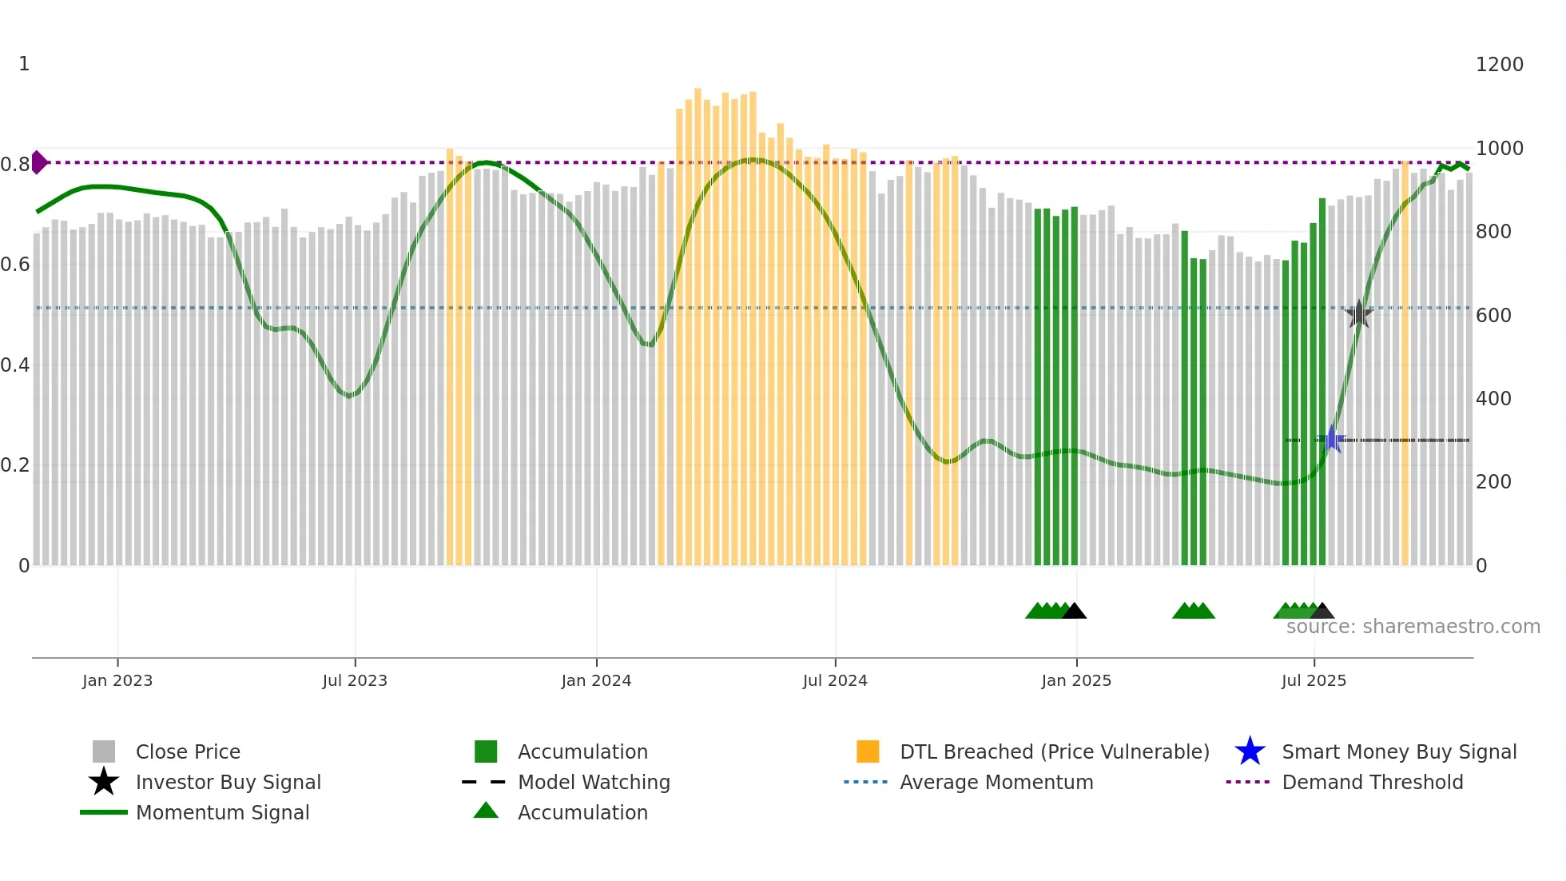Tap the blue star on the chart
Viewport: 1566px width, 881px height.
click(x=1332, y=440)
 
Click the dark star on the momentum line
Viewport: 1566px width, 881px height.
click(x=1358, y=314)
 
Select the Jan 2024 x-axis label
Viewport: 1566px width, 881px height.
click(x=596, y=680)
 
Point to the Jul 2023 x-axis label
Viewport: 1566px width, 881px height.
click(x=355, y=680)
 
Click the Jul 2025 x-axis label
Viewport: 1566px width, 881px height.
click(x=1314, y=680)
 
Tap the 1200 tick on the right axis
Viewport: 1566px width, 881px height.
click(x=1499, y=65)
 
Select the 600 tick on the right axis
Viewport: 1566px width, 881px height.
click(x=1493, y=316)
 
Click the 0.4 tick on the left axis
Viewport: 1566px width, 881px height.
click(x=14, y=365)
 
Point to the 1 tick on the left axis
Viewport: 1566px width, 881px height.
click(x=24, y=64)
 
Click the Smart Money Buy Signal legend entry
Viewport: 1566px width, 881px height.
click(x=1398, y=751)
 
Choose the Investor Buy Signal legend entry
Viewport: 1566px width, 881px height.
click(x=228, y=782)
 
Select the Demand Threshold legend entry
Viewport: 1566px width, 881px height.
click(x=1372, y=782)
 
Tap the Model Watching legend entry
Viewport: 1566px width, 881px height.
click(x=593, y=782)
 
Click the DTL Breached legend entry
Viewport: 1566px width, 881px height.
click(x=1054, y=751)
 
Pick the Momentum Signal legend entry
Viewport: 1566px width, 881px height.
click(x=222, y=812)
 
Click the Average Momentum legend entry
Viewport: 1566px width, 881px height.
click(x=996, y=782)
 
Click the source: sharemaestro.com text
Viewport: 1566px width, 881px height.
click(x=1413, y=627)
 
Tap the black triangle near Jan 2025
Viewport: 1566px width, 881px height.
click(x=1074, y=612)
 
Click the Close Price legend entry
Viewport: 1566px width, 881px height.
click(x=188, y=751)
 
